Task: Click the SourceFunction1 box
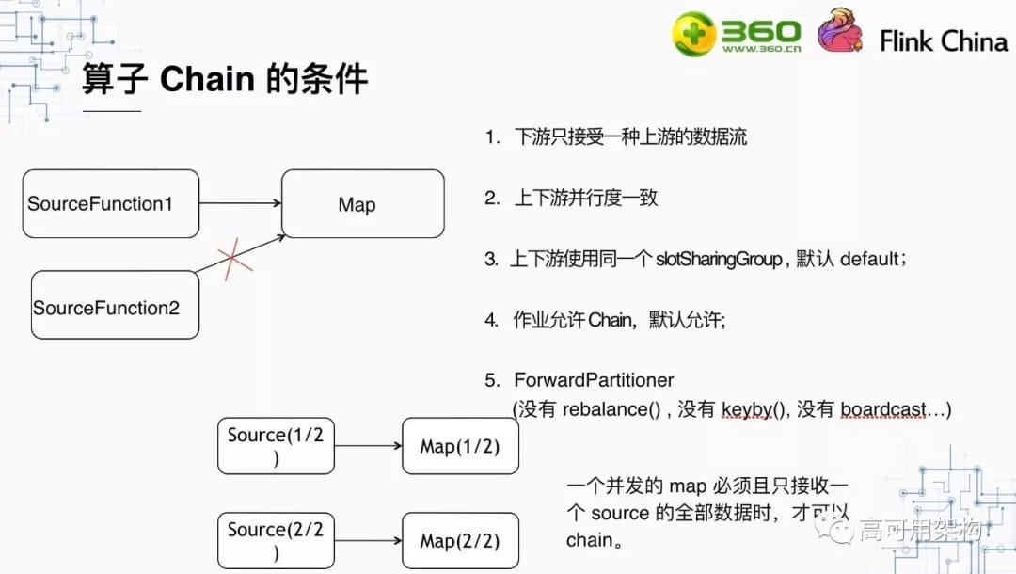(111, 203)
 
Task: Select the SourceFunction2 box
(115, 305)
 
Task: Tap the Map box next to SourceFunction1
(363, 203)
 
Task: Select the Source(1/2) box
(276, 445)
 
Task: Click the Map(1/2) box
(460, 446)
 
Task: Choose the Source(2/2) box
(276, 540)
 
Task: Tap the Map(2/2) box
(460, 541)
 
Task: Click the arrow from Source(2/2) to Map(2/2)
(368, 541)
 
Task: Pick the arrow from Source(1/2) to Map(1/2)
(368, 446)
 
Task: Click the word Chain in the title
(207, 79)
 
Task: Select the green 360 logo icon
(693, 35)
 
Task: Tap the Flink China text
(944, 41)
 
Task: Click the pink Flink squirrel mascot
(839, 31)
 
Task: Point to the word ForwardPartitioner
(594, 380)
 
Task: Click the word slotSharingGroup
(719, 260)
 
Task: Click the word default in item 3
(870, 260)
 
